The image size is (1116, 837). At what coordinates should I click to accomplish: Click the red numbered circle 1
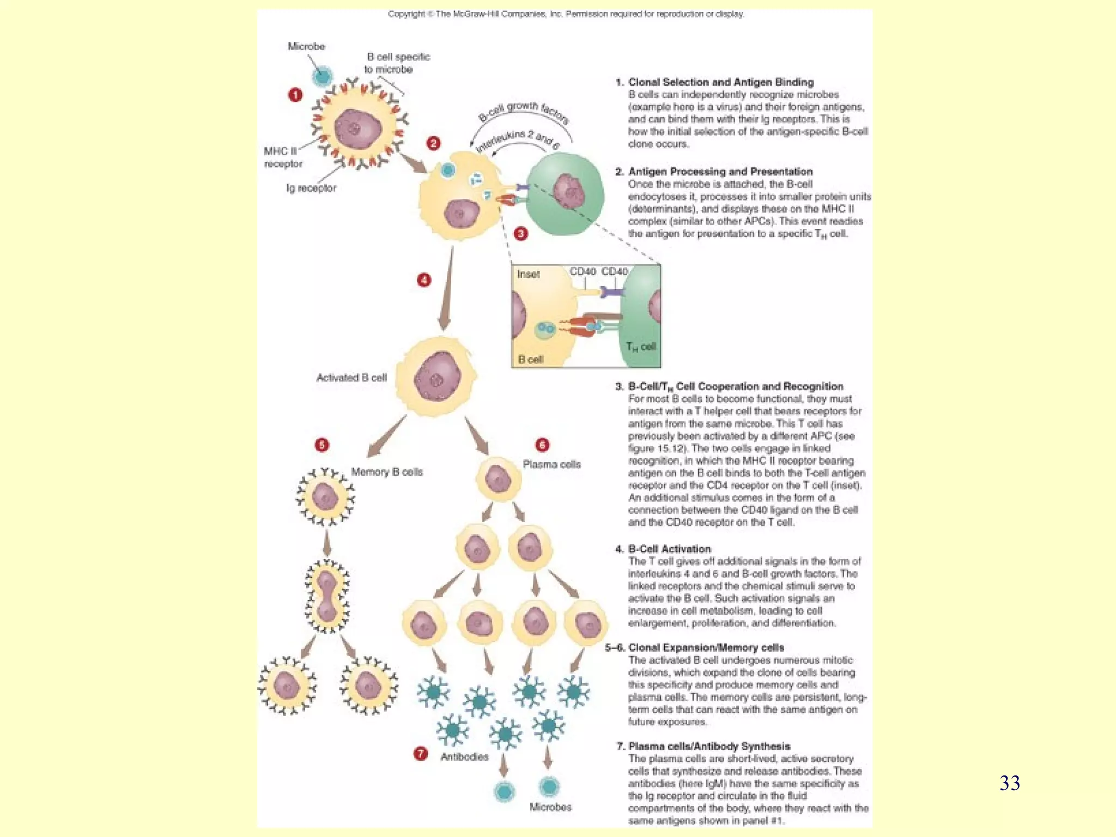click(x=295, y=95)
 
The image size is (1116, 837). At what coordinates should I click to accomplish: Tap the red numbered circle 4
click(x=424, y=280)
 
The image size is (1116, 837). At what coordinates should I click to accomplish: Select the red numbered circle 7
click(x=420, y=754)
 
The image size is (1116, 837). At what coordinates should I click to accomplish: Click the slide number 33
click(x=1009, y=783)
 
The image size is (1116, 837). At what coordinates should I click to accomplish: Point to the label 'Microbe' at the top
click(x=306, y=46)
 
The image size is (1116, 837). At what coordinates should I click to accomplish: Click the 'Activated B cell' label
click(x=351, y=378)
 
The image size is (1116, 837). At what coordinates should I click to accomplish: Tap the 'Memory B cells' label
click(x=387, y=472)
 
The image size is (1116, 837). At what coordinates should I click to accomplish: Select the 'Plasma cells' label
click(x=551, y=464)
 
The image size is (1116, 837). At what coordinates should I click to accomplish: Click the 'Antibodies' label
click(x=464, y=757)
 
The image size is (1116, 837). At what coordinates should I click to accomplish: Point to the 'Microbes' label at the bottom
click(x=550, y=807)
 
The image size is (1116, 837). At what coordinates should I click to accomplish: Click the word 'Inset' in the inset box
click(x=528, y=274)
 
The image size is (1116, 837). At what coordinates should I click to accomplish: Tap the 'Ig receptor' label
click(x=311, y=188)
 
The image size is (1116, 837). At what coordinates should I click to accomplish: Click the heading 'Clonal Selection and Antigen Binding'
click(x=720, y=82)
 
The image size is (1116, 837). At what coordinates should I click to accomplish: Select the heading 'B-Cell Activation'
click(x=669, y=549)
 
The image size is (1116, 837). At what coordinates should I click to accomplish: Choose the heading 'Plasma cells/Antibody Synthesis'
click(x=709, y=746)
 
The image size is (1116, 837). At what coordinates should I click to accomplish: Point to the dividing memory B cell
click(x=327, y=597)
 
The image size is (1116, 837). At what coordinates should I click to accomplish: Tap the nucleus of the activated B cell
click(x=437, y=376)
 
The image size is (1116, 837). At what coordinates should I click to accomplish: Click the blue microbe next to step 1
click(x=322, y=76)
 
